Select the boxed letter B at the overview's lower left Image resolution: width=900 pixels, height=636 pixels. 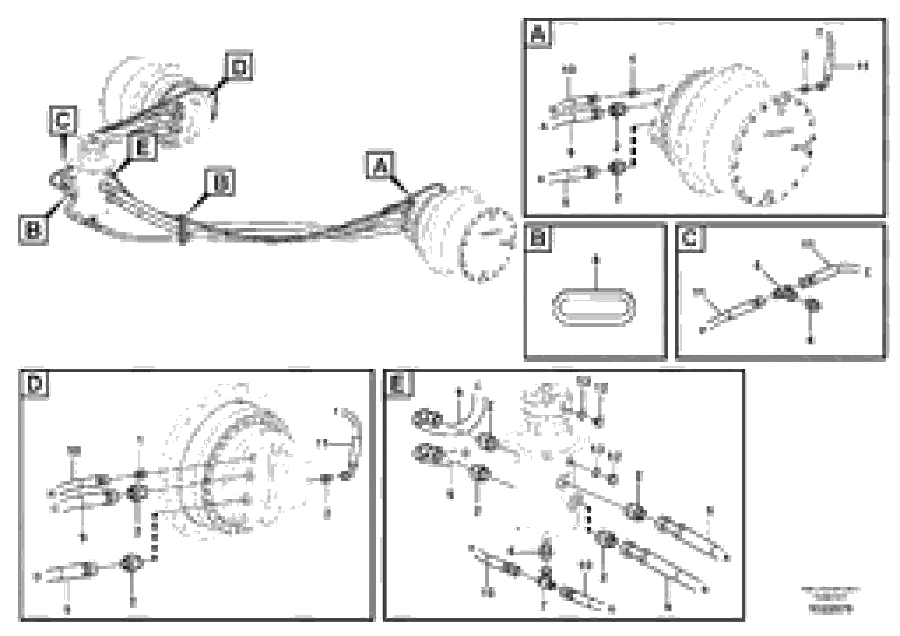point(33,230)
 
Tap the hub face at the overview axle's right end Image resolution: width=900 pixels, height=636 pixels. point(488,245)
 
